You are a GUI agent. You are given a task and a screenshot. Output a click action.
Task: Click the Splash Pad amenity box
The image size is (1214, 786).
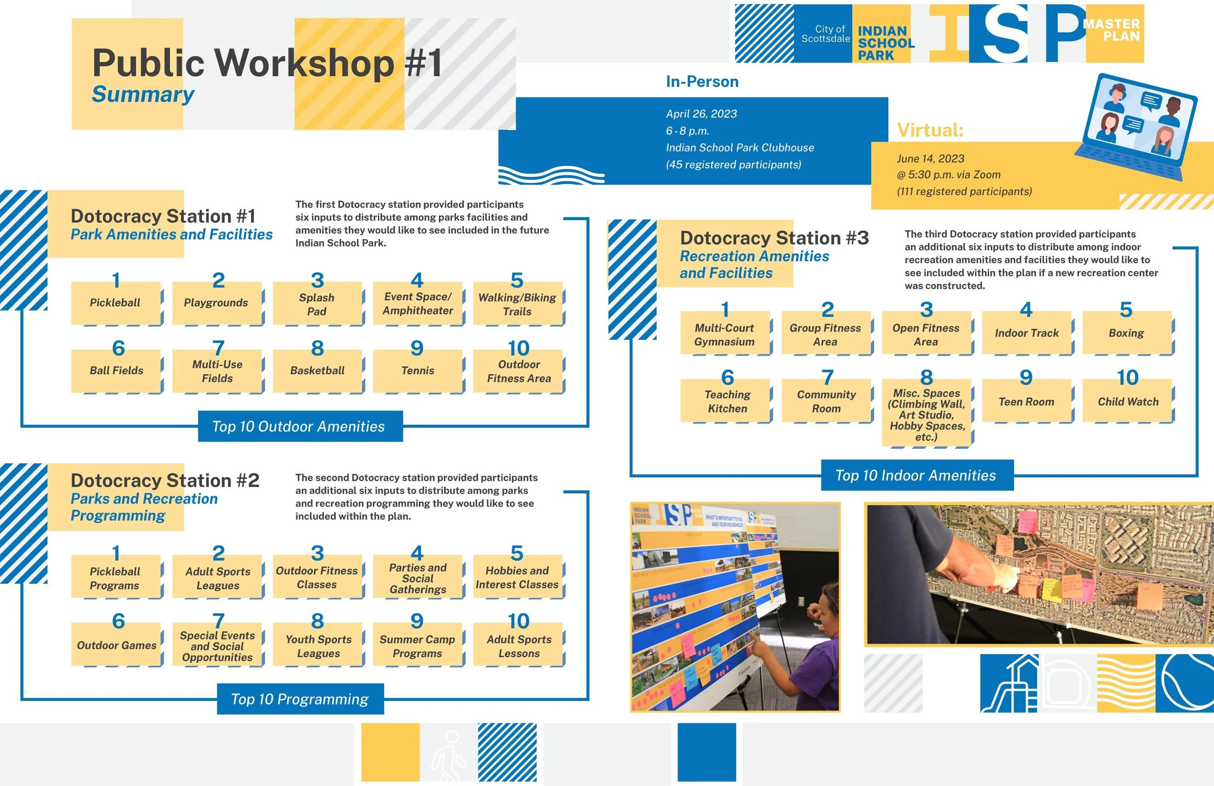click(317, 304)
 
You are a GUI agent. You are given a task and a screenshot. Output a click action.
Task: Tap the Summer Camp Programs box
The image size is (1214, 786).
click(418, 646)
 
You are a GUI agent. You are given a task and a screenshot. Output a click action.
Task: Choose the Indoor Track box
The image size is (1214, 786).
click(1026, 333)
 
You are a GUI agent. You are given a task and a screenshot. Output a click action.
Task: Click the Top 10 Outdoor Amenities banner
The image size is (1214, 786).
click(300, 426)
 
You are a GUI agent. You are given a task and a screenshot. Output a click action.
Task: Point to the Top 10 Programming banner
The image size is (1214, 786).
click(300, 699)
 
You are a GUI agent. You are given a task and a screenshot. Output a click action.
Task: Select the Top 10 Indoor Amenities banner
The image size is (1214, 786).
click(916, 475)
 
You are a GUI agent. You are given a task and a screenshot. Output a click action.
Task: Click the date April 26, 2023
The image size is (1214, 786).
click(701, 114)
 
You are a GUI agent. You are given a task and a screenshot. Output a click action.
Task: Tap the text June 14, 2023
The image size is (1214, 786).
click(930, 159)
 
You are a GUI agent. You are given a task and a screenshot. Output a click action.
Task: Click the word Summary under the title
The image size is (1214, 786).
click(143, 95)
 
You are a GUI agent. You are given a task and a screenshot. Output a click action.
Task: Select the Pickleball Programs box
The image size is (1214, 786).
click(115, 578)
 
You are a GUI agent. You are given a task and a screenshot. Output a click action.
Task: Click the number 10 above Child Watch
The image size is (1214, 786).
click(1127, 377)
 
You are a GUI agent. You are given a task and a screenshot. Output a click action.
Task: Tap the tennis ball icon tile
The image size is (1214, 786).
click(1184, 683)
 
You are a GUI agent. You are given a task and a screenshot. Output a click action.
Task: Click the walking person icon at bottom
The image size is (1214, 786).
click(448, 752)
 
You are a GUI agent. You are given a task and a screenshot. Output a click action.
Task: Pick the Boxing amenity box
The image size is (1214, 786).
click(1126, 333)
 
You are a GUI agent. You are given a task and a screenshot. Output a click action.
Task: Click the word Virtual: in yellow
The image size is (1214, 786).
click(930, 131)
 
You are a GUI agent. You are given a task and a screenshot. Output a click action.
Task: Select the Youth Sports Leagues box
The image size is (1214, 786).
click(318, 646)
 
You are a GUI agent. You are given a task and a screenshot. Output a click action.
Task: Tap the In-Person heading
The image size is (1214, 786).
click(702, 82)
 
